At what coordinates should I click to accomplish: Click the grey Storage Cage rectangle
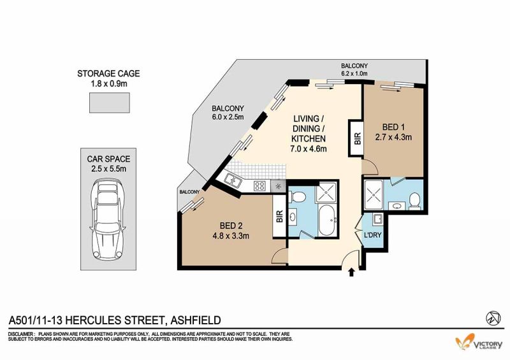pyautogui.click(x=110, y=103)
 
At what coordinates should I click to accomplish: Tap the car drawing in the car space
pyautogui.click(x=108, y=219)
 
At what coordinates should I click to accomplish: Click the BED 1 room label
pyautogui.click(x=393, y=127)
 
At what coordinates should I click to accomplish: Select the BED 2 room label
pyautogui.click(x=231, y=226)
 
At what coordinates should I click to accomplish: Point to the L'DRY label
pyautogui.click(x=372, y=235)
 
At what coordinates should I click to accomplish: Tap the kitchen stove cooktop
pyautogui.click(x=259, y=185)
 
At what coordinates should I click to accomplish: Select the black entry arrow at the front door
pyautogui.click(x=352, y=272)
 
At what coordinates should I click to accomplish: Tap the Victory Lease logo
pyautogui.click(x=479, y=342)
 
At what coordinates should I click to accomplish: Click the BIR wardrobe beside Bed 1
pyautogui.click(x=356, y=138)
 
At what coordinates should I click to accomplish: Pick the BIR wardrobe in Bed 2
pyautogui.click(x=279, y=216)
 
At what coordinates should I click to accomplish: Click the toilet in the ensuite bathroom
pyautogui.click(x=415, y=200)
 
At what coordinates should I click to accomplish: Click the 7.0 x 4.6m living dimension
pyautogui.click(x=309, y=149)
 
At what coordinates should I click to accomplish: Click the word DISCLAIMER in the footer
pyautogui.click(x=20, y=334)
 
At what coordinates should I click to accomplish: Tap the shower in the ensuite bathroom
pyautogui.click(x=374, y=194)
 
